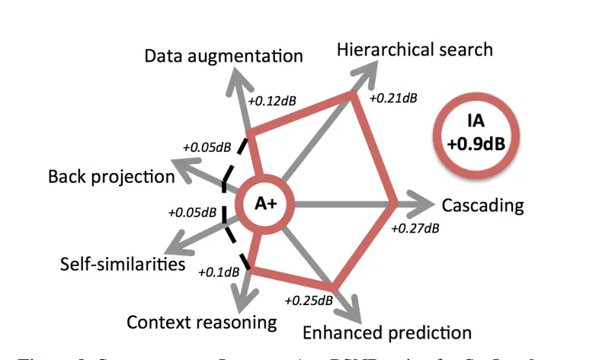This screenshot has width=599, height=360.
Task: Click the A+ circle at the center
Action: [x=264, y=204]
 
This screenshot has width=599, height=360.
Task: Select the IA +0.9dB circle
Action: [x=476, y=133]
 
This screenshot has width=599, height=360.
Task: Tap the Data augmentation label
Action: [x=224, y=56]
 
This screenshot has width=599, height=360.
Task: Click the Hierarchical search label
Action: [x=415, y=50]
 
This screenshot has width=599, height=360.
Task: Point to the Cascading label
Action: [x=482, y=205]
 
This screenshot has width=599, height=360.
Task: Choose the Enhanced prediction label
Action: [x=387, y=333]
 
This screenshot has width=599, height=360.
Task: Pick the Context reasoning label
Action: [x=201, y=322]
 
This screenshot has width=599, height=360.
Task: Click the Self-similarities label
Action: [x=123, y=264]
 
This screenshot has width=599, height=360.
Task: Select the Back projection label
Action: [x=111, y=177]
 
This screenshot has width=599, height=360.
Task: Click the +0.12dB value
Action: [x=274, y=99]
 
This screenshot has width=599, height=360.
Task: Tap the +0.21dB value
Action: [x=392, y=98]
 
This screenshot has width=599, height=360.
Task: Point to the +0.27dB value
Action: [x=415, y=227]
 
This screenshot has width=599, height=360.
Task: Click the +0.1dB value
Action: [x=218, y=271]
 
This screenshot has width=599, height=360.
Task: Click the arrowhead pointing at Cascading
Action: [x=424, y=204]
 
